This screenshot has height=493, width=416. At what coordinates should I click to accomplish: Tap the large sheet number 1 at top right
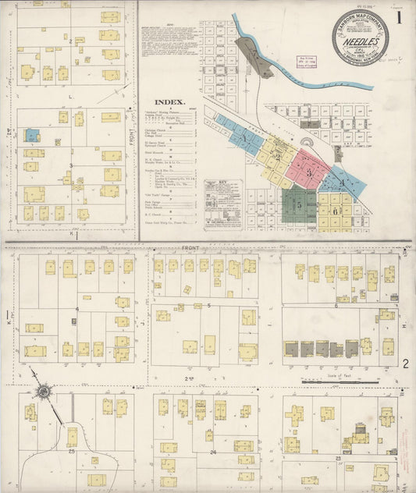click(398, 16)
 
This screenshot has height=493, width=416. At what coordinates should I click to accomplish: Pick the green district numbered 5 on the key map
click(299, 204)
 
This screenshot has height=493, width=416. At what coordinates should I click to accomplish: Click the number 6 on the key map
click(336, 211)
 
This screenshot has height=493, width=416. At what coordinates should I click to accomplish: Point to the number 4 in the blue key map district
click(340, 183)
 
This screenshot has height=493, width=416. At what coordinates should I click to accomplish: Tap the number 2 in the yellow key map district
click(277, 155)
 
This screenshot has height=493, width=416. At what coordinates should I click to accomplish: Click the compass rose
click(44, 390)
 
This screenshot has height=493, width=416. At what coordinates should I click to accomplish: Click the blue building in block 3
click(31, 135)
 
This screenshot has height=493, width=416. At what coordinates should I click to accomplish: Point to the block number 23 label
click(338, 457)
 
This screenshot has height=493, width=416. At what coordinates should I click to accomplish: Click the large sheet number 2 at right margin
click(405, 364)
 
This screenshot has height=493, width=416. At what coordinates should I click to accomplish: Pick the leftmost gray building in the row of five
click(291, 349)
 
